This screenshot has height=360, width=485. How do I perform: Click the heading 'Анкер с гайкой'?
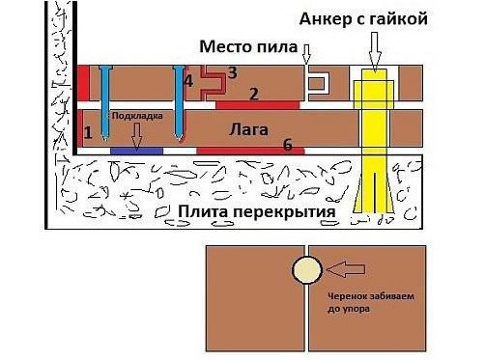363,19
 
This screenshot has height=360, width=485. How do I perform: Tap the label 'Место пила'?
248,47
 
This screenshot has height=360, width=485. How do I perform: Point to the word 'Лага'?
248,130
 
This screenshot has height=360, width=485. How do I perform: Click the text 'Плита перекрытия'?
257,212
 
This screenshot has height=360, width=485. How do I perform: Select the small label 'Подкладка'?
137,116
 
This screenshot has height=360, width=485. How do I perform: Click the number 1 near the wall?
88,132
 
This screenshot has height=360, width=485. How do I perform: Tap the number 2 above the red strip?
254,94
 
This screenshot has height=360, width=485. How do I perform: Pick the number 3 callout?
233,73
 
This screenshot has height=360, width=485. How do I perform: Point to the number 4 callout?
188,81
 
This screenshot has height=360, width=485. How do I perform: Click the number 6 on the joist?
288,145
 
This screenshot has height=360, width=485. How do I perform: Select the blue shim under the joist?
137,151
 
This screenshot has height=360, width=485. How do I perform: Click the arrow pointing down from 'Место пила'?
306,54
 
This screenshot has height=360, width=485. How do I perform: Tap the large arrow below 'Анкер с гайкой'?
375,51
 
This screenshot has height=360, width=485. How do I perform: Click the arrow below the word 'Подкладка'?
136,136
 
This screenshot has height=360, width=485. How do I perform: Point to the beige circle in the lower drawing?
307,270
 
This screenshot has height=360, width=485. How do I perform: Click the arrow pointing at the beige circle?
346,269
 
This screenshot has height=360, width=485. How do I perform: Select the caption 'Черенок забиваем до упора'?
371,303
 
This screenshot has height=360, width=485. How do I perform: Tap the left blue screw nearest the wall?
104,103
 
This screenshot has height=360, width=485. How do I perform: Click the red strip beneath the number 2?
258,105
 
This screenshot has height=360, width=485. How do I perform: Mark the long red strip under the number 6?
250,151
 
